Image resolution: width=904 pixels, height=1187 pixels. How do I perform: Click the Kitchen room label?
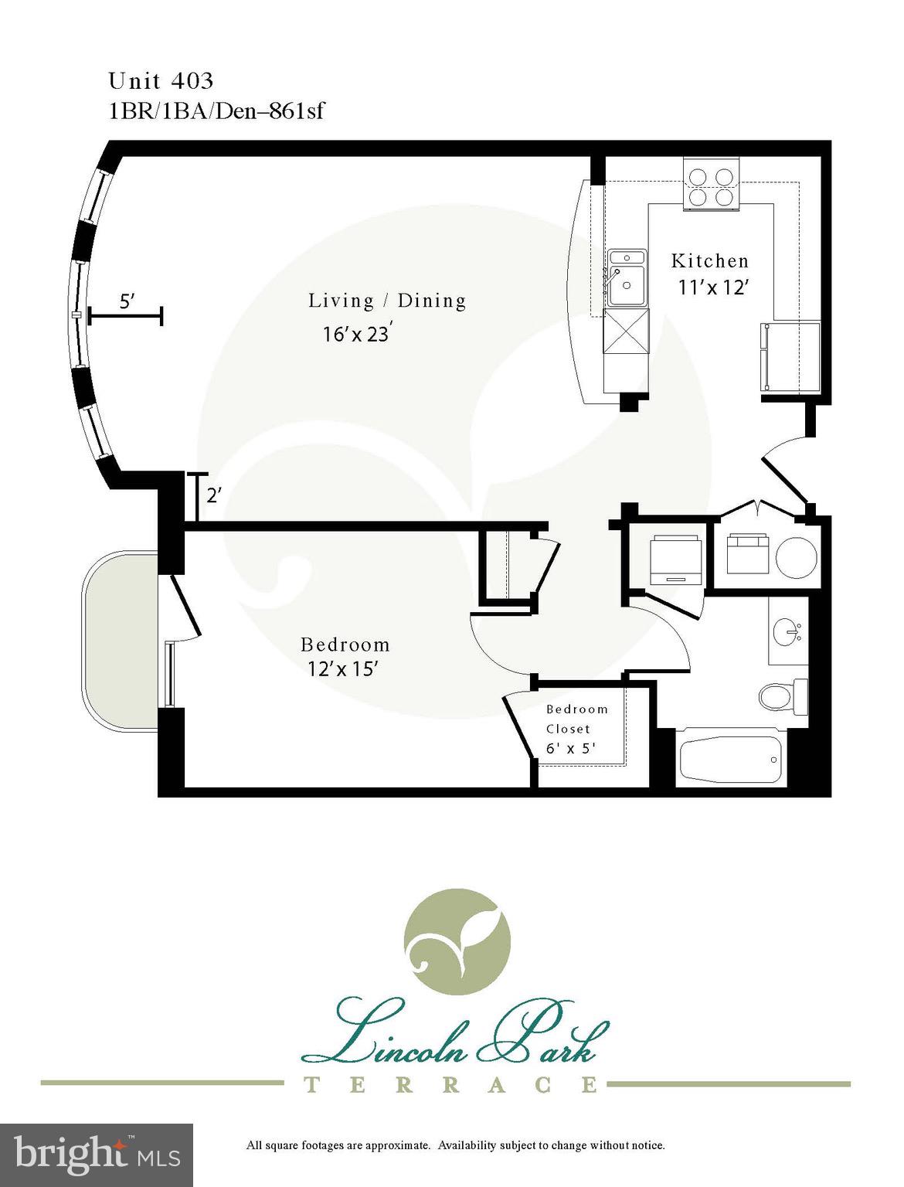click(709, 261)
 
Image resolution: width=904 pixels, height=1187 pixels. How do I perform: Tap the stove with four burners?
click(711, 186)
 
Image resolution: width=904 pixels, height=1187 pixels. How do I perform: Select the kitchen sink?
click(627, 277)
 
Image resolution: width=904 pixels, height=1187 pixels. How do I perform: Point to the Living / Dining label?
click(387, 301)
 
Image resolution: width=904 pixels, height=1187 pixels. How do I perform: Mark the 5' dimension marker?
click(126, 303)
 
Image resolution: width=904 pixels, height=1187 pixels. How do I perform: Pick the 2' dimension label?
click(214, 495)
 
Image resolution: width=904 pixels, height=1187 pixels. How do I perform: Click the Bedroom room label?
click(345, 645)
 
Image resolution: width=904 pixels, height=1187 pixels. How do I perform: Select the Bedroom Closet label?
click(576, 719)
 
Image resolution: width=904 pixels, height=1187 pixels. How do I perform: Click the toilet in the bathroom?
click(781, 695)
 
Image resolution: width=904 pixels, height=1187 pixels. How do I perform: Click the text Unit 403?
click(161, 80)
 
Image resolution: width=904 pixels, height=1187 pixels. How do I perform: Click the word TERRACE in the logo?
click(450, 1085)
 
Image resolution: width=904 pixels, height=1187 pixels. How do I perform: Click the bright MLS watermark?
click(97, 1155)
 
